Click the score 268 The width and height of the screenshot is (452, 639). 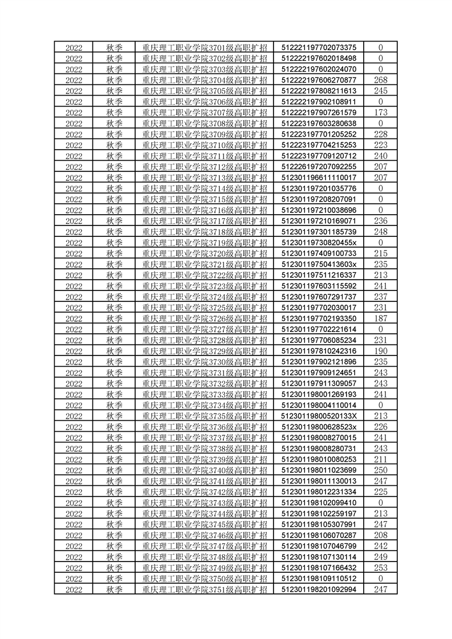click(380, 80)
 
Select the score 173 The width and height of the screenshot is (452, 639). click(380, 112)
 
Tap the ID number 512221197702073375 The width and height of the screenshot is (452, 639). click(319, 47)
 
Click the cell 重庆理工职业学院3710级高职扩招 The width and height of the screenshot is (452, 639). click(205, 145)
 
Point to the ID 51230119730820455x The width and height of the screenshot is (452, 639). click(319, 242)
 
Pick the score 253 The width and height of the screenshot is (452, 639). click(380, 567)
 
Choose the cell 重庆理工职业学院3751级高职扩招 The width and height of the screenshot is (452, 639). click(205, 589)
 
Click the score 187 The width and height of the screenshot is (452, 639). click(380, 318)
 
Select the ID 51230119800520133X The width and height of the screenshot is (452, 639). click(319, 416)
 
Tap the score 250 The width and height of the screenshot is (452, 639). click(380, 470)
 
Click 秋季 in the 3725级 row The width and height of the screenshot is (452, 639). click(115, 307)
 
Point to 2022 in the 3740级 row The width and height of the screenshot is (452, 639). click(74, 470)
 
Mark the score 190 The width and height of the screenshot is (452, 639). click(380, 350)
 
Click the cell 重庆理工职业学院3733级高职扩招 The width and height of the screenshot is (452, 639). click(205, 394)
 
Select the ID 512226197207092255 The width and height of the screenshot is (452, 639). click(319, 166)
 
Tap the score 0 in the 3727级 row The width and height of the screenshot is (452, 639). click(380, 329)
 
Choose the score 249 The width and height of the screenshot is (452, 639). click(380, 556)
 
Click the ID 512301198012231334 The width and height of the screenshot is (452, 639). click(319, 491)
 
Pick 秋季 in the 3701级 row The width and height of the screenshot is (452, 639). click(115, 47)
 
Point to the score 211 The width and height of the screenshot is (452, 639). click(380, 459)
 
